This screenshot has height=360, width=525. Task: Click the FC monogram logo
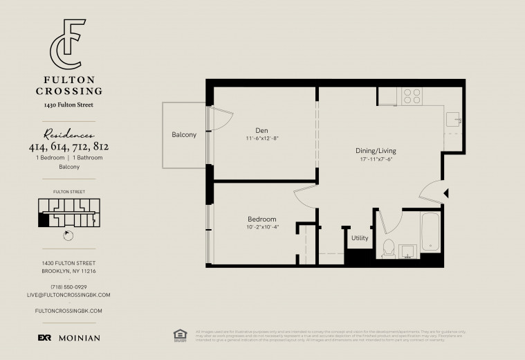[68, 47]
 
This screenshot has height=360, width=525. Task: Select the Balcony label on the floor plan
[184, 134]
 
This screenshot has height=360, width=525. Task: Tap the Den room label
[261, 129]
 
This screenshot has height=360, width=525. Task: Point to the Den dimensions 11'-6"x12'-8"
[261, 138]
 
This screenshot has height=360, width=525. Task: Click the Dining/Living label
[376, 150]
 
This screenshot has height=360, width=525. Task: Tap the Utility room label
[360, 238]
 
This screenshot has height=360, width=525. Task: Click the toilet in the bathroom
[388, 247]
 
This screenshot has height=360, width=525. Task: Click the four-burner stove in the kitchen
[412, 96]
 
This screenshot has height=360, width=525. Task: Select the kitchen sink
[453, 120]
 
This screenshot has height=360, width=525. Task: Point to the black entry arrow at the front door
[446, 193]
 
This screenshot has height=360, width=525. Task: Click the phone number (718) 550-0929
[68, 287]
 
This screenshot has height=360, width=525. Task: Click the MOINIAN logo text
[79, 338]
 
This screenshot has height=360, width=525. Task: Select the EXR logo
[44, 338]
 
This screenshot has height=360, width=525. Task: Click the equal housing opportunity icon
[180, 334]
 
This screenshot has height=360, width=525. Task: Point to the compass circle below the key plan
[68, 234]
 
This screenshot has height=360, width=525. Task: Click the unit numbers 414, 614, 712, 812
[68, 147]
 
